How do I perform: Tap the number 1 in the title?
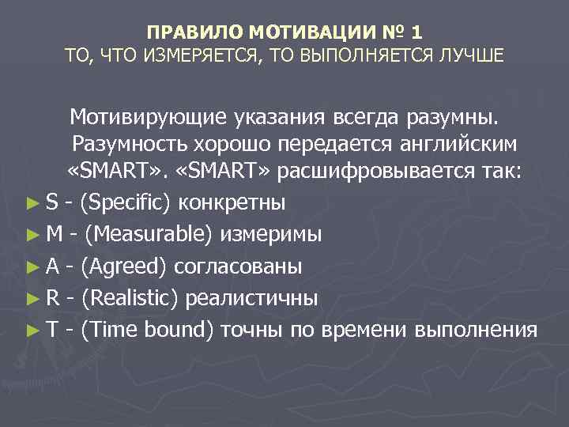pyautogui.click(x=416, y=32)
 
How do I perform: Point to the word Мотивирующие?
pyautogui.click(x=151, y=118)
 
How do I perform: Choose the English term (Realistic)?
pyautogui.click(x=133, y=298)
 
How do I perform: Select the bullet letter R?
pyautogui.click(x=52, y=298)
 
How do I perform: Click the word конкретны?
pyautogui.click(x=233, y=203)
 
